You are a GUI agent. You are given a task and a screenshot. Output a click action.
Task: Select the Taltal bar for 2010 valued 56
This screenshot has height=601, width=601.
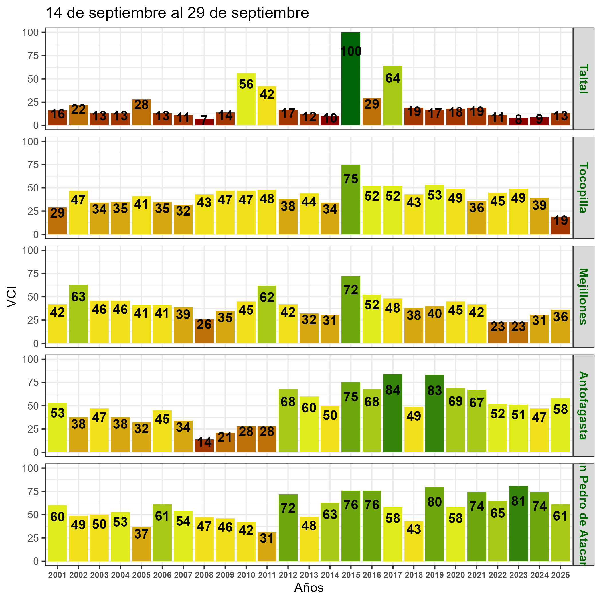[246, 100]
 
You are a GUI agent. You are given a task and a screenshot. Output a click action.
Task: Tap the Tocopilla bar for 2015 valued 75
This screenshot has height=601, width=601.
[351, 199]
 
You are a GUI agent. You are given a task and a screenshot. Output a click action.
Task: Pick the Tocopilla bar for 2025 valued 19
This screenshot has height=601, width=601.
[560, 226]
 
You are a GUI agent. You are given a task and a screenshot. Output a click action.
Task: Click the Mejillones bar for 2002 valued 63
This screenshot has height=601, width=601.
[78, 314]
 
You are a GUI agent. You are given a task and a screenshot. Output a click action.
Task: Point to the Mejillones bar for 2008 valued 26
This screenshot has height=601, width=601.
[204, 331]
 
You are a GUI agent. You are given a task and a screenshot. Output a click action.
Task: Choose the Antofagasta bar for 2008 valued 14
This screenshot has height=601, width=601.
[204, 446]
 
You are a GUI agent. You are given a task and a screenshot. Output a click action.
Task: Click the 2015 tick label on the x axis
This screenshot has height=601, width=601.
[351, 575]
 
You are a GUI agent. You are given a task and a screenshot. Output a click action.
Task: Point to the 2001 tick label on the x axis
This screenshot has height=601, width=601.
[58, 575]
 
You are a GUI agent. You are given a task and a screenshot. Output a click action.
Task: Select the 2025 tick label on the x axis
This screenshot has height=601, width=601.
[560, 575]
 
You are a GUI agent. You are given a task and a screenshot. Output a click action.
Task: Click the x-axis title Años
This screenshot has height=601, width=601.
[309, 588]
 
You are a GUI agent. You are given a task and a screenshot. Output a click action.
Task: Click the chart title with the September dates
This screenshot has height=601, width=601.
[177, 13]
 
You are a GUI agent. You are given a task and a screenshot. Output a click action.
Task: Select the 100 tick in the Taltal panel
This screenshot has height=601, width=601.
[30, 32]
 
